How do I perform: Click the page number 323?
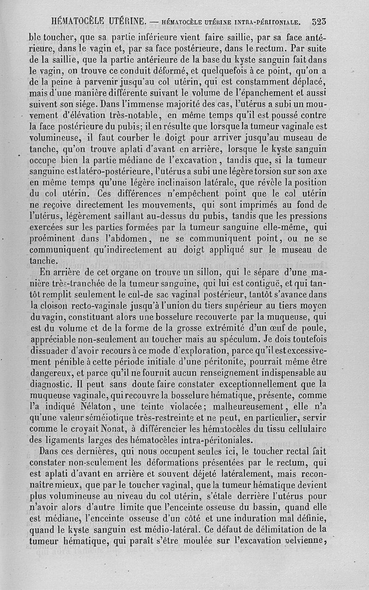pyautogui.click(x=319, y=21)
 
